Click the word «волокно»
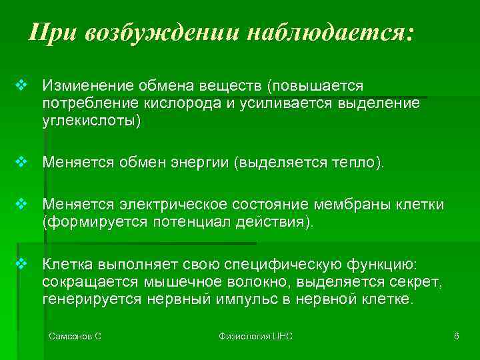(263, 283)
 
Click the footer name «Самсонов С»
(75, 337)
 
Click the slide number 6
(456, 337)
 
